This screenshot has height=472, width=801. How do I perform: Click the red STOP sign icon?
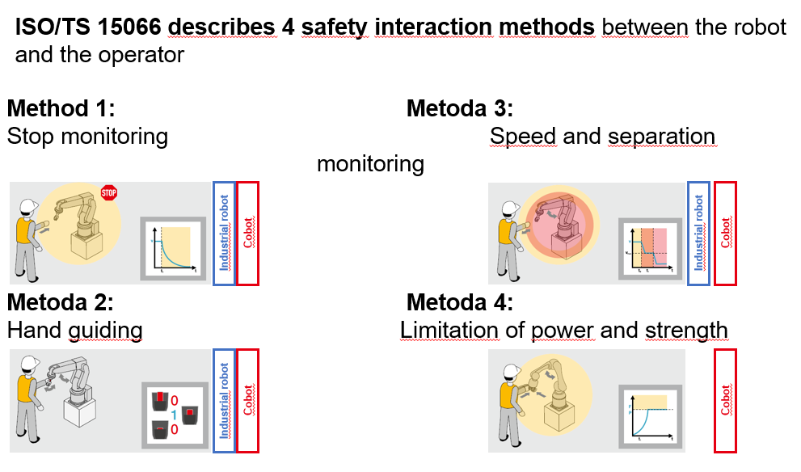tap(109, 192)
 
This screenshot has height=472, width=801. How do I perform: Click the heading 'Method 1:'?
tap(61, 108)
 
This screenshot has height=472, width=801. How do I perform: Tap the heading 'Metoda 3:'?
tap(460, 108)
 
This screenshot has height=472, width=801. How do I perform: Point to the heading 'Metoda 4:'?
tap(460, 302)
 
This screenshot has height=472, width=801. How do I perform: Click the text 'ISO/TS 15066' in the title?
tap(87, 27)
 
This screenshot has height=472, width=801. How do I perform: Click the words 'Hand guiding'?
tap(75, 330)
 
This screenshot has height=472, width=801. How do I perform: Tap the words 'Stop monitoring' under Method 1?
tap(87, 136)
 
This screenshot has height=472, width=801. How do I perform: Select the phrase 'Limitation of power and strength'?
tap(564, 330)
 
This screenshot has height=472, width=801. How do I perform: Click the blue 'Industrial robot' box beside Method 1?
tap(224, 233)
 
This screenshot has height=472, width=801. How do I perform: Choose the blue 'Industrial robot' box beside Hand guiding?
tap(224, 400)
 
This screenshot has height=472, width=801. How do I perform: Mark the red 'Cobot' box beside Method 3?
tap(725, 233)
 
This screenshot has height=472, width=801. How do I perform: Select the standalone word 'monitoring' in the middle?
tap(370, 163)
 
